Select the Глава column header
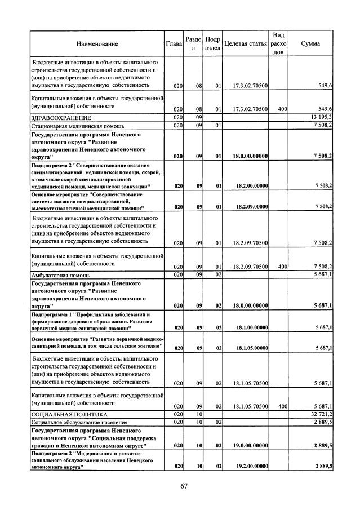point(174,43)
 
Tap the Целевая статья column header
point(245,43)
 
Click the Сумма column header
point(311,43)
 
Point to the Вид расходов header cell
point(278,43)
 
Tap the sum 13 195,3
point(319,117)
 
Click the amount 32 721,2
point(319,414)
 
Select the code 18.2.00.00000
point(250,185)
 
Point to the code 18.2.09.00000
point(250,207)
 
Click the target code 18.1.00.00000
point(250,327)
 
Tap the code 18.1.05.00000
point(250,348)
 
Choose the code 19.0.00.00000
point(250,445)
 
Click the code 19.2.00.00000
point(250,466)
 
